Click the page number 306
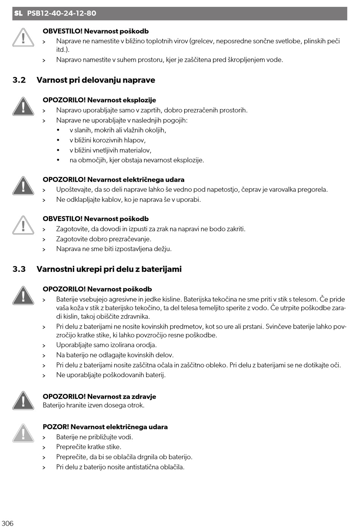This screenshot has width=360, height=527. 8,523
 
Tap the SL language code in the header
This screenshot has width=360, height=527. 18,13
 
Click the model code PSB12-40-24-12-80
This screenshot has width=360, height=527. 62,13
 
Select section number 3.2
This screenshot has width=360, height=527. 19,80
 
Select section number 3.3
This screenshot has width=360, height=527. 19,269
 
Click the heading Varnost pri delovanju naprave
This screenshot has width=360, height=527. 96,80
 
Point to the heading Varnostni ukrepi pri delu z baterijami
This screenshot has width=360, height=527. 109,269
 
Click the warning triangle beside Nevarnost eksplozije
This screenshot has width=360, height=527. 23,106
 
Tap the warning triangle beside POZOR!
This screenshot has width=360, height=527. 23,433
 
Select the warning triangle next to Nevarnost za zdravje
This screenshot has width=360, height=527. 23,401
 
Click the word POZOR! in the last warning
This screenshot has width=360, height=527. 56,427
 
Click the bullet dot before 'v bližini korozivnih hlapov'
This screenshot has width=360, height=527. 58,140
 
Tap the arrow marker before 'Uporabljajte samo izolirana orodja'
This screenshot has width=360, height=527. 44,346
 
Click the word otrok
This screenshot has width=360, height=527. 136,405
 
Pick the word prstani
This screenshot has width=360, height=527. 251,326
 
